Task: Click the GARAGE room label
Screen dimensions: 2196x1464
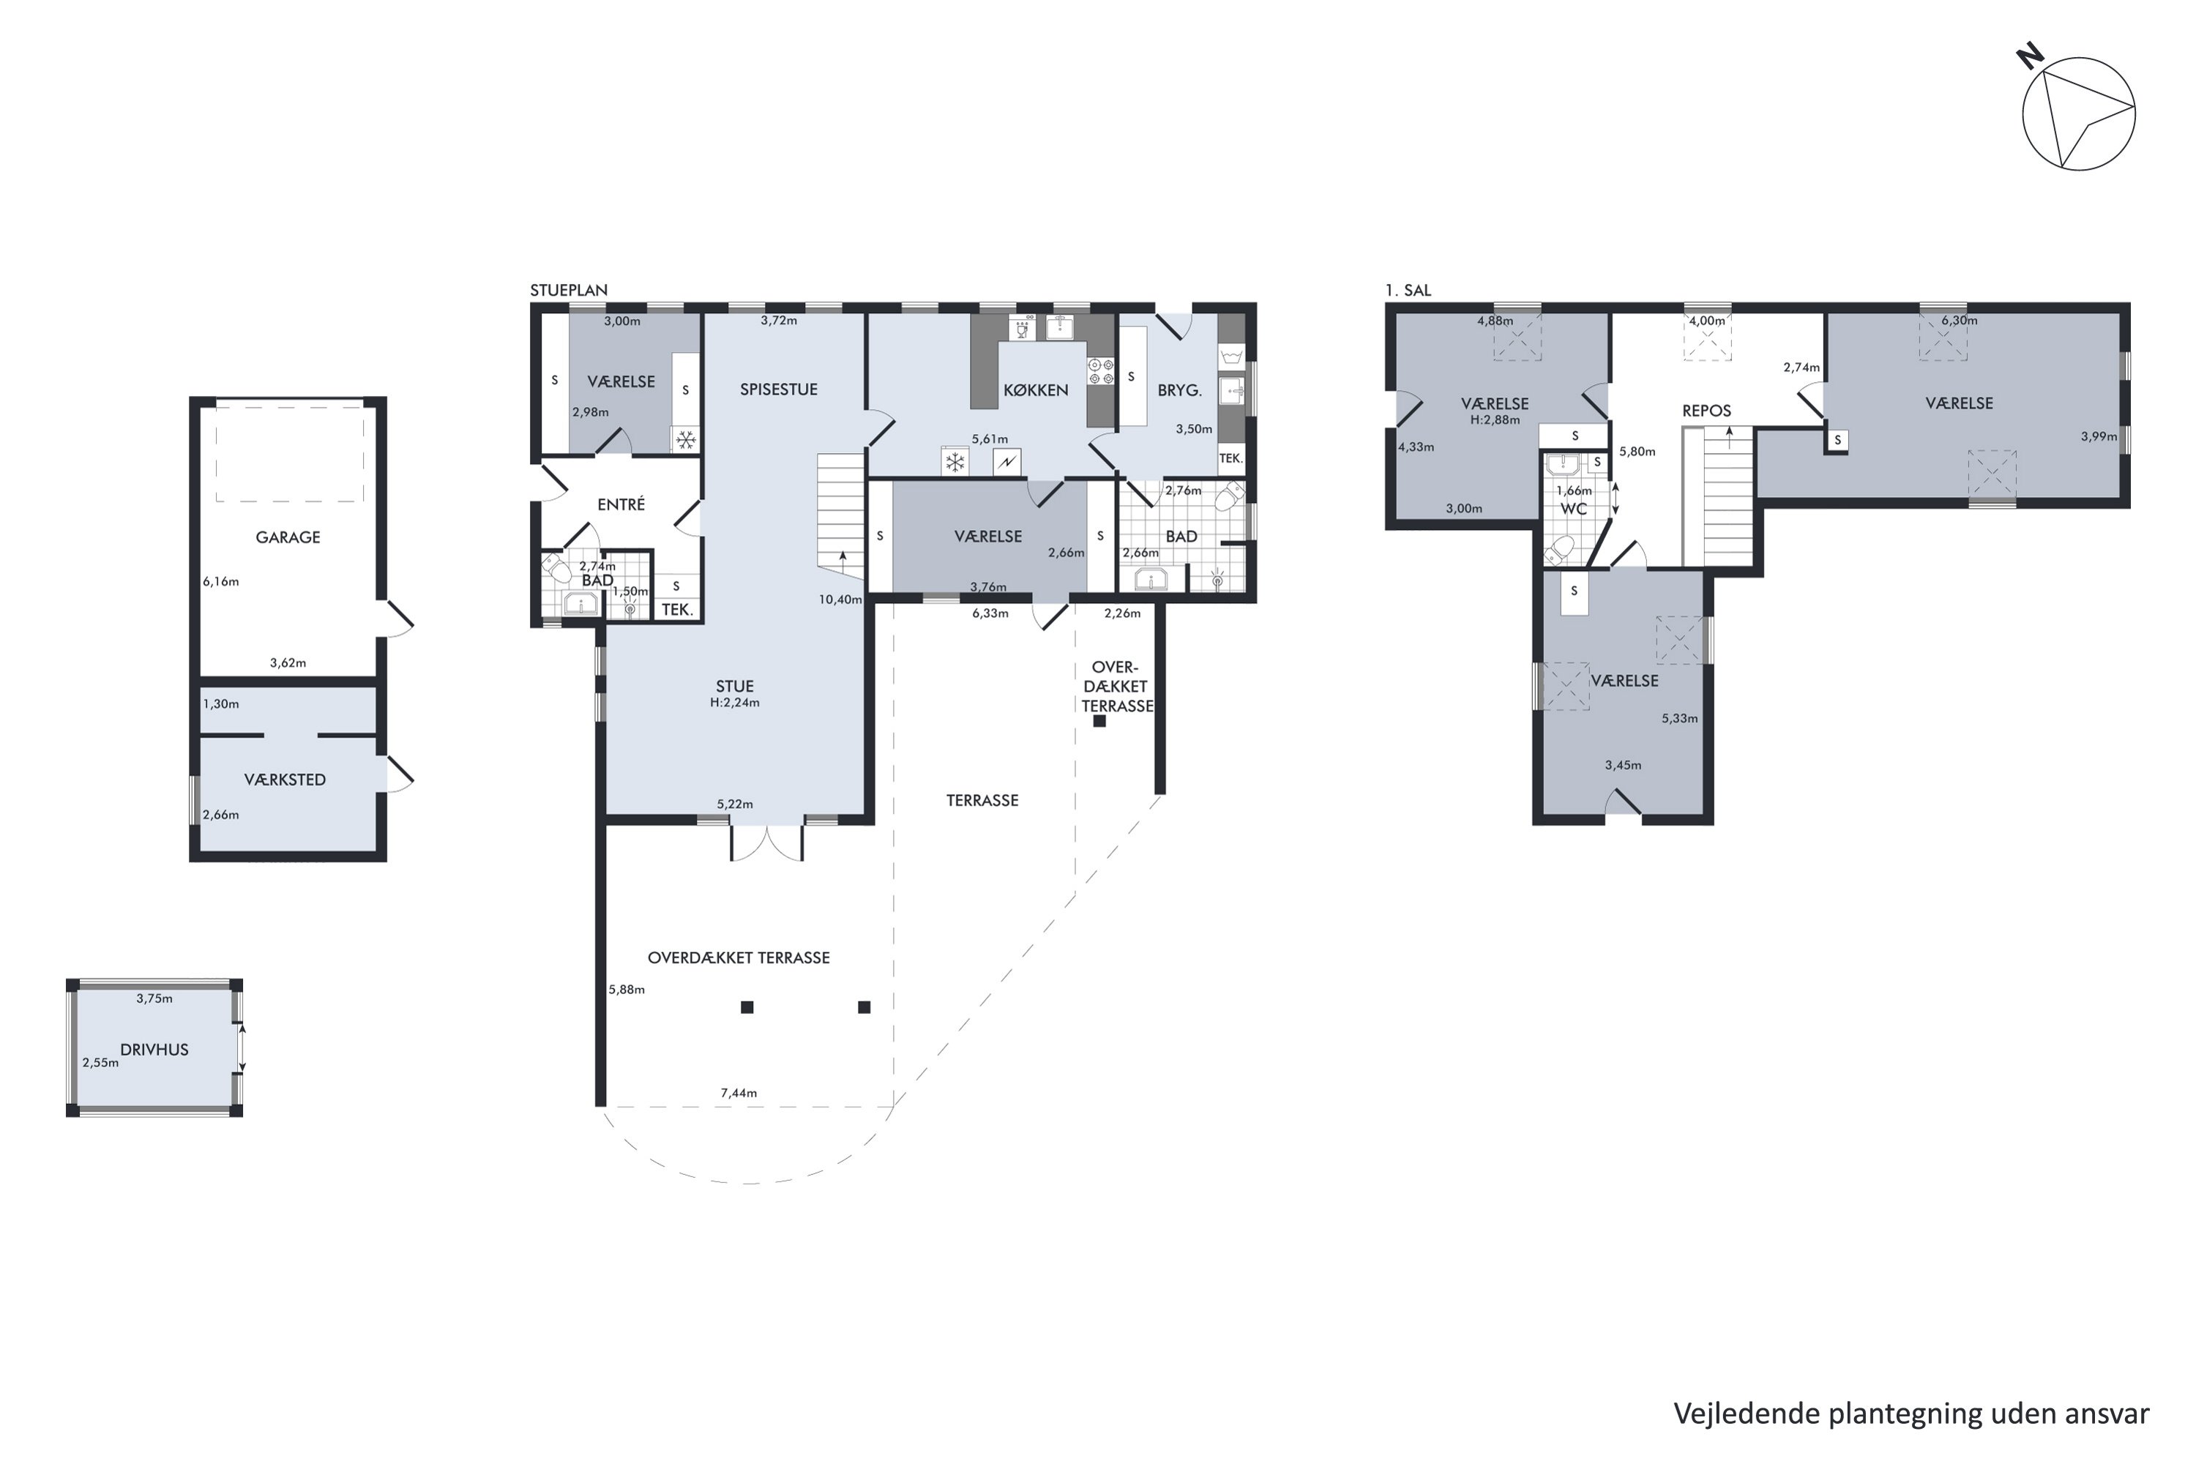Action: pyautogui.click(x=288, y=537)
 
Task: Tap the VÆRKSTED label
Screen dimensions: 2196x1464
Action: pyautogui.click(x=285, y=780)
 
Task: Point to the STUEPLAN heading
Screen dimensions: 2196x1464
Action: pyautogui.click(x=569, y=291)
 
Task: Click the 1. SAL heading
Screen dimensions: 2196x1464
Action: pyautogui.click(x=1408, y=291)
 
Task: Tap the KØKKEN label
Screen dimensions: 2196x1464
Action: pyautogui.click(x=1036, y=390)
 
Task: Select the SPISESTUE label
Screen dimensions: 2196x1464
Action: pyautogui.click(x=779, y=389)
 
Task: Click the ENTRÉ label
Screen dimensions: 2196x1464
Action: pyautogui.click(x=621, y=504)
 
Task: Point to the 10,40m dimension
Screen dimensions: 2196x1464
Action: pyautogui.click(x=840, y=600)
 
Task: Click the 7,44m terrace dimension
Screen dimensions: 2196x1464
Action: pyautogui.click(x=739, y=1092)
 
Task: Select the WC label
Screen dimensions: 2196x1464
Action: pyautogui.click(x=1575, y=509)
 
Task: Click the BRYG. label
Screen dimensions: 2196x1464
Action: pyautogui.click(x=1179, y=390)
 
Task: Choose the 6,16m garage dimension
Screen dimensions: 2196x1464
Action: pyautogui.click(x=221, y=582)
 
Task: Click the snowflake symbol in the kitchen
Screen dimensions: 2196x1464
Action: pyautogui.click(x=955, y=461)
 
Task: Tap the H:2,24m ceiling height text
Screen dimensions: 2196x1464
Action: pyautogui.click(x=735, y=703)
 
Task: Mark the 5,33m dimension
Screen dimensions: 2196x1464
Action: pyautogui.click(x=1680, y=719)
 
